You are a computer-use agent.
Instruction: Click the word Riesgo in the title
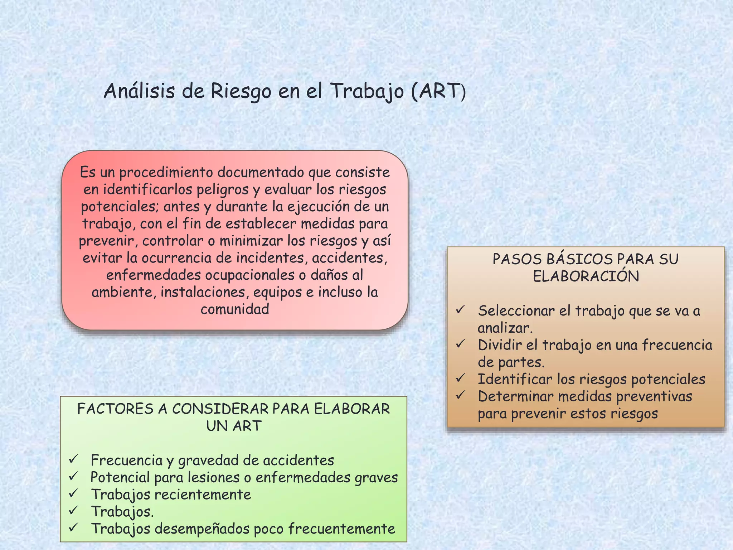pyautogui.click(x=241, y=91)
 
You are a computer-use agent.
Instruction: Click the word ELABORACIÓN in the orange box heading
pyautogui.click(x=586, y=276)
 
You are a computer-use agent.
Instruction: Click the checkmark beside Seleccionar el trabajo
pyautogui.click(x=461, y=309)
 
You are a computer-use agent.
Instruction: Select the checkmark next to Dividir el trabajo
pyautogui.click(x=461, y=344)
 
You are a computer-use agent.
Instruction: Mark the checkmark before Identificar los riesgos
pyautogui.click(x=461, y=378)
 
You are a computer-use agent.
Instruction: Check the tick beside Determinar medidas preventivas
pyautogui.click(x=461, y=395)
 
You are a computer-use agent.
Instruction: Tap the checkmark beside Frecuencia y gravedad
pyautogui.click(x=74, y=459)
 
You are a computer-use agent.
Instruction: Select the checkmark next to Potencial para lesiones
pyautogui.click(x=74, y=476)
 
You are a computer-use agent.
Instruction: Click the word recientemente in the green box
pyautogui.click(x=203, y=495)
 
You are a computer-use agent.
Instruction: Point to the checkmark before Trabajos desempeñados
pyautogui.click(x=74, y=527)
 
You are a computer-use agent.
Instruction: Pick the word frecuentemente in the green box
pyautogui.click(x=341, y=529)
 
